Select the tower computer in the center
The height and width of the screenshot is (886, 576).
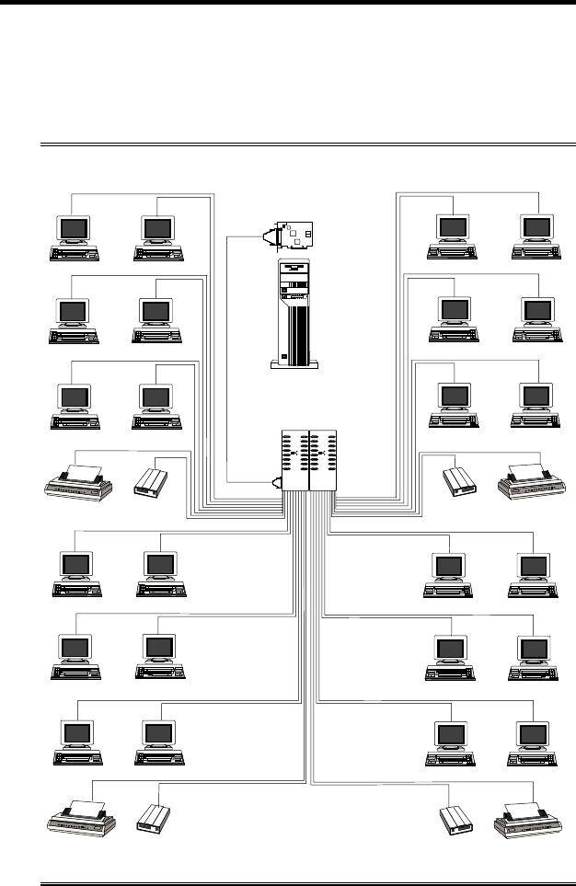tap(290, 314)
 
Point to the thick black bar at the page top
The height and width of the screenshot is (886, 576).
tap(288, 3)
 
